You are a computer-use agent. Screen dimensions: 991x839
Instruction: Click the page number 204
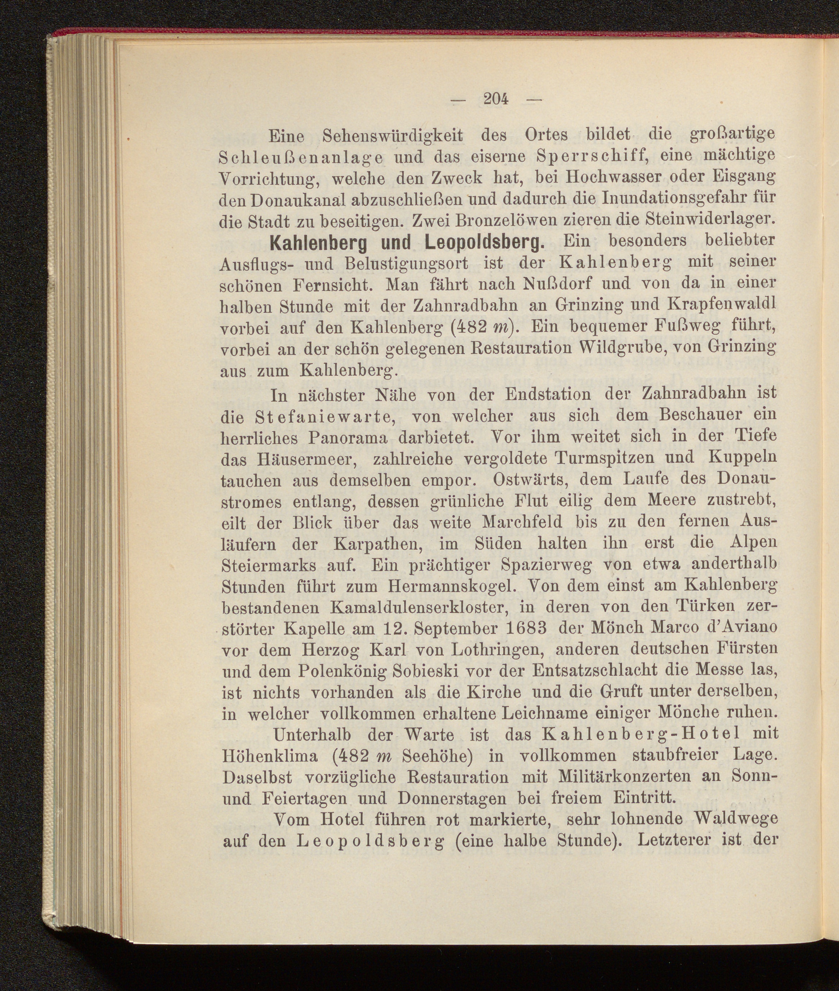[496, 99]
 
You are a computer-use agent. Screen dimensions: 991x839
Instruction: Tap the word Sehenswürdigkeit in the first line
[393, 136]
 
